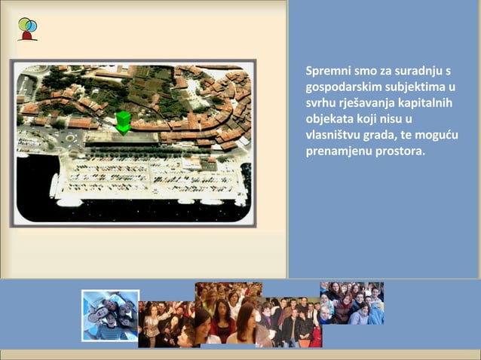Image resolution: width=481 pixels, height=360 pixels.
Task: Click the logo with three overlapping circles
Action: [x=27, y=29]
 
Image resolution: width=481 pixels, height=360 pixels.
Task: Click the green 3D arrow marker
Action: [x=123, y=122]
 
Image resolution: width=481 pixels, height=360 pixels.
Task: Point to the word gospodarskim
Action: [x=341, y=86]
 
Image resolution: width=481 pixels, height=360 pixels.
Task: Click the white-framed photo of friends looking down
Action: [x=111, y=316]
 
